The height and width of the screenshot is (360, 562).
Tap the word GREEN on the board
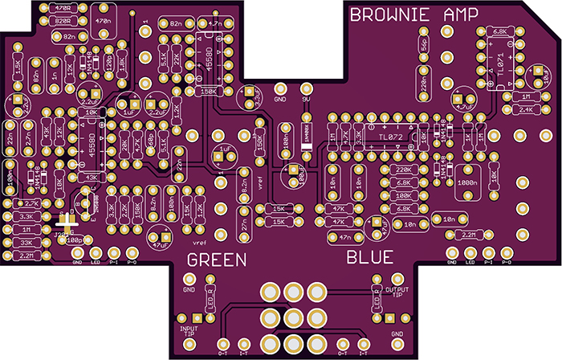pos(217,259)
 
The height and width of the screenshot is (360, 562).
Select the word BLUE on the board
pos(370,258)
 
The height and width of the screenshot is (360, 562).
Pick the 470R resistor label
pos(61,8)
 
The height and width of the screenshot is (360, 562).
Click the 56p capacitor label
pos(424,47)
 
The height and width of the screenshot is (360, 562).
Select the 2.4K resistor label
pos(527,109)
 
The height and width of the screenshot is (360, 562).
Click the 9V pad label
pos(305,100)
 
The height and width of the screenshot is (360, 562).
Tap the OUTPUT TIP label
pos(397,292)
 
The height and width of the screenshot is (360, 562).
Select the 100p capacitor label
pos(74,239)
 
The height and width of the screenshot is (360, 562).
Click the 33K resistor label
pos(26,242)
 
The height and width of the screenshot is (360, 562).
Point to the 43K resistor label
pos(92,177)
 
